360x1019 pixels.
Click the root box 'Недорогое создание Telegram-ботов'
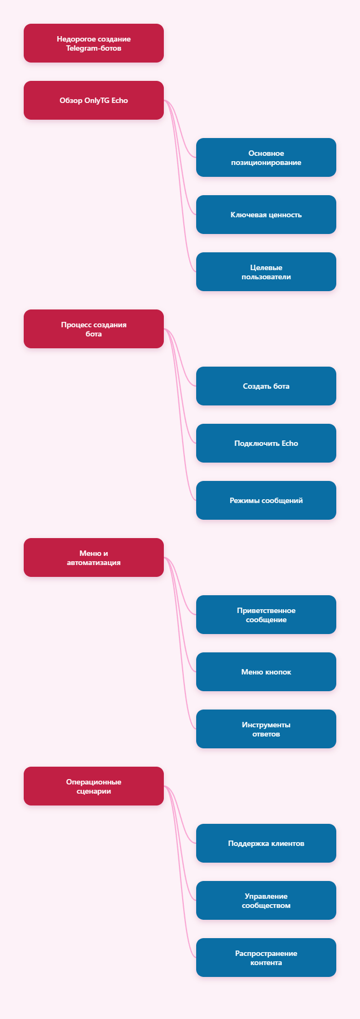pos(94,43)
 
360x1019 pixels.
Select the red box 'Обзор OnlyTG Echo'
pos(94,100)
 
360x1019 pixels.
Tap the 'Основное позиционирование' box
pos(266,157)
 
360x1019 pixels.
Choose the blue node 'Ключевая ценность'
pos(266,215)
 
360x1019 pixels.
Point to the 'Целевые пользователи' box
pos(266,272)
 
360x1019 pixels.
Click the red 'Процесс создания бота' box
pos(94,329)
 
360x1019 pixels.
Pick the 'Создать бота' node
pos(266,386)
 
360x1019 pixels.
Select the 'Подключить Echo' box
pos(266,443)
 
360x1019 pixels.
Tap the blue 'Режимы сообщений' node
pos(266,500)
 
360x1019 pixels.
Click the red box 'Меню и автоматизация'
pos(94,557)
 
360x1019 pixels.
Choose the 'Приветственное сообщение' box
pos(266,615)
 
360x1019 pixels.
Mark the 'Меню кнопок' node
pos(266,672)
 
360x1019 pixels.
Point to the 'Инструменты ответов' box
pos(266,729)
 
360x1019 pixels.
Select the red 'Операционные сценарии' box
pos(94,786)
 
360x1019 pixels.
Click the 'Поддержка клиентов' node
pos(266,843)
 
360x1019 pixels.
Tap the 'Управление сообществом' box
pos(266,900)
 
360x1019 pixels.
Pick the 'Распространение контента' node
pos(266,958)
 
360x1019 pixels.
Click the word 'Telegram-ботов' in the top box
pos(94,48)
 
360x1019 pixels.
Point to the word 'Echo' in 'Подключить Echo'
pos(290,443)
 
